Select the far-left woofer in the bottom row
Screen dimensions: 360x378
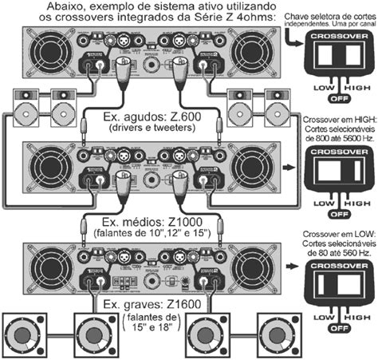25,337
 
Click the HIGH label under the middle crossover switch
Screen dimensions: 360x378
357,205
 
